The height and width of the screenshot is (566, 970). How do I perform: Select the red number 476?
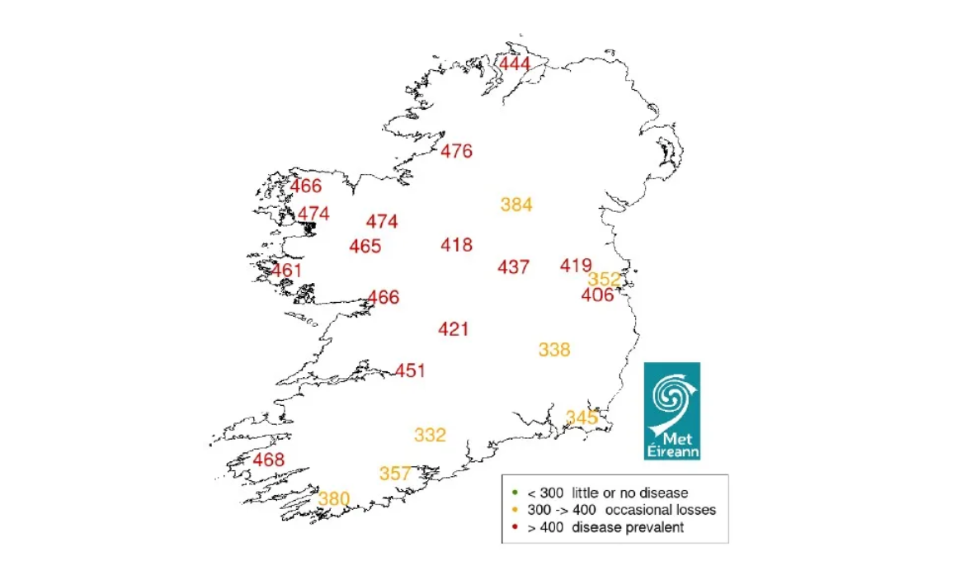coord(456,151)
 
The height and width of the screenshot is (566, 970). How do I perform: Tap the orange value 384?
coord(516,205)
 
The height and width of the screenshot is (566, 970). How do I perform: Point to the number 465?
coord(365,246)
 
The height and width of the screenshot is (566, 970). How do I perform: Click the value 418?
coord(456,244)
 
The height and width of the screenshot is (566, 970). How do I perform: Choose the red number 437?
coord(513,266)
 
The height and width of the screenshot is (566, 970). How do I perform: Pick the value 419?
coord(575,265)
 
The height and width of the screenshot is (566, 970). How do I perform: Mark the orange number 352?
coord(604,279)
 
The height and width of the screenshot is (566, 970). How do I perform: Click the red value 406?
coord(597,295)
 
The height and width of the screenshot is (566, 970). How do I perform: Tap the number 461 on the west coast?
coord(286,270)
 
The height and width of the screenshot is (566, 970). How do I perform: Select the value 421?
coord(453,329)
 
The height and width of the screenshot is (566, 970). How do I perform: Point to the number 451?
coord(410,370)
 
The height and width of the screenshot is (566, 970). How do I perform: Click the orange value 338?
coord(554,350)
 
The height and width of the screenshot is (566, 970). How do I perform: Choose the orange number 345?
coord(582,417)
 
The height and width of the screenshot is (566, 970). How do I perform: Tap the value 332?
coord(430,435)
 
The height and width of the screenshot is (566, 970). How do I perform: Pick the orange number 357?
coord(395,474)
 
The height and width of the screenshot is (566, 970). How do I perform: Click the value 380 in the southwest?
coord(334,498)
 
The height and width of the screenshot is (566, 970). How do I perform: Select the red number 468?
coord(269,460)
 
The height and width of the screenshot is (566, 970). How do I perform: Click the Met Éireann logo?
coord(671,410)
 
